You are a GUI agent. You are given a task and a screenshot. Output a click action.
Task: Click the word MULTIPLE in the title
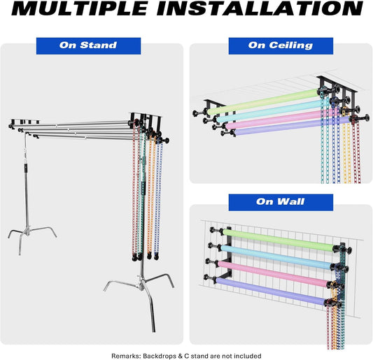[x=80, y=8]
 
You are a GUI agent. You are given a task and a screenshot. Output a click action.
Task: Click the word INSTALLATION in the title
[x=260, y=8]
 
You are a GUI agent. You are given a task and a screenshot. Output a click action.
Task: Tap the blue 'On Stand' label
[x=88, y=46]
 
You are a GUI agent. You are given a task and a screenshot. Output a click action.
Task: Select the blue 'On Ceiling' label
[x=281, y=46]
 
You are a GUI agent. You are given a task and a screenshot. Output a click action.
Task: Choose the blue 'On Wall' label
[x=281, y=202]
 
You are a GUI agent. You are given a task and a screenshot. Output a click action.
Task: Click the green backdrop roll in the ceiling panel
[x=263, y=101]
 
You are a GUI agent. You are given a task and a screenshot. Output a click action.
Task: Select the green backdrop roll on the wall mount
[x=279, y=240]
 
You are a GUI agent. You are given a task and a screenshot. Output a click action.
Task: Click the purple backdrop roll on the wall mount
[x=272, y=291]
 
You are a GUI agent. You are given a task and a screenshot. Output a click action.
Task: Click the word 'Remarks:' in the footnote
[x=126, y=356]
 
